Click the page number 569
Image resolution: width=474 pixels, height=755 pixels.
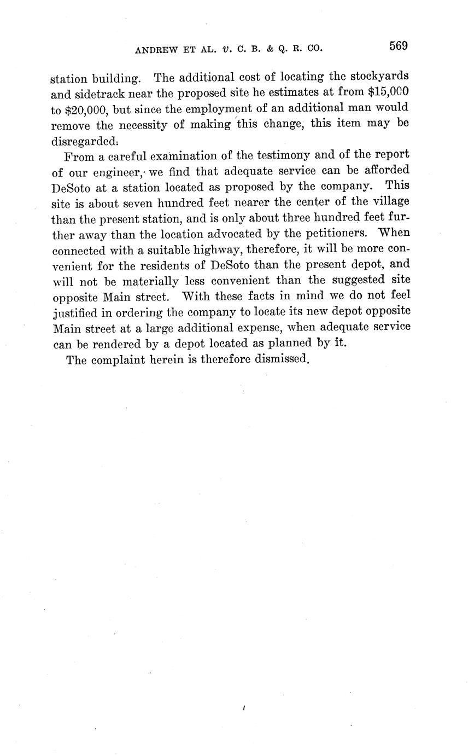point(399,47)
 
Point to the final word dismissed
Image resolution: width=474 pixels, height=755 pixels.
point(282,361)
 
